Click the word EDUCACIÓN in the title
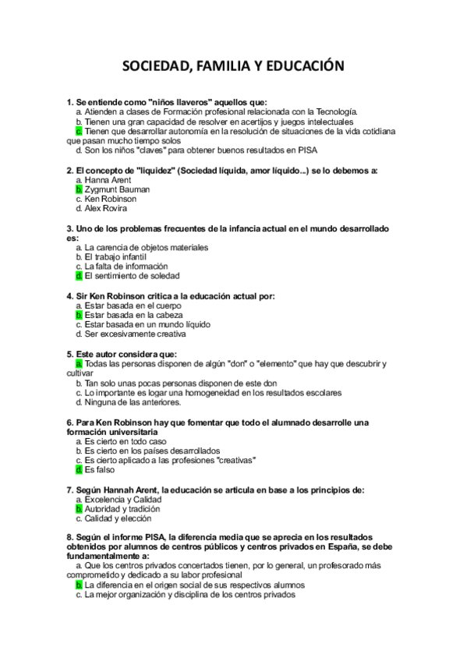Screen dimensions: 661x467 [300, 68]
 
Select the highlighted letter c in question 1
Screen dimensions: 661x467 [79, 132]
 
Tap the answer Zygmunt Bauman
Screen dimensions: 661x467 [117, 189]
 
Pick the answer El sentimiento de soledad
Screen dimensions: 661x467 [132, 275]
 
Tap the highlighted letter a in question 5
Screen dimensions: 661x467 [79, 363]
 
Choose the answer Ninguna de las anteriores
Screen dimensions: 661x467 [133, 402]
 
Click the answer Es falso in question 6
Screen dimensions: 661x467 [99, 469]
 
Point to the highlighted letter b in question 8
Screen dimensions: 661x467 [79, 585]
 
